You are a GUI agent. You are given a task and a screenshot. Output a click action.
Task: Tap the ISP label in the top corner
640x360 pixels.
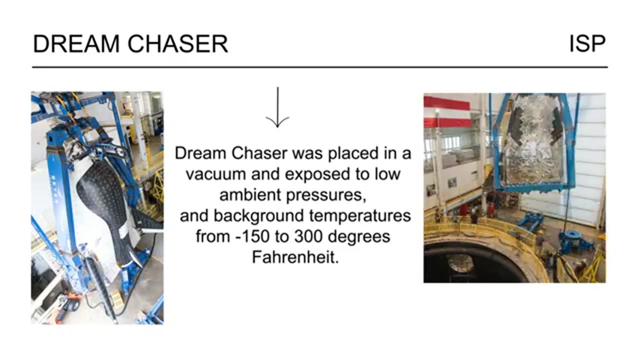587,44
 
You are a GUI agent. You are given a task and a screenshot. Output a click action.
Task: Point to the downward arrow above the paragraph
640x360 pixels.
277,107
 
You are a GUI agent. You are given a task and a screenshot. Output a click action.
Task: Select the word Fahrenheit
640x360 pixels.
295,257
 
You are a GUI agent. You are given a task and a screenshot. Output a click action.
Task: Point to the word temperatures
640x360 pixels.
359,215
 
